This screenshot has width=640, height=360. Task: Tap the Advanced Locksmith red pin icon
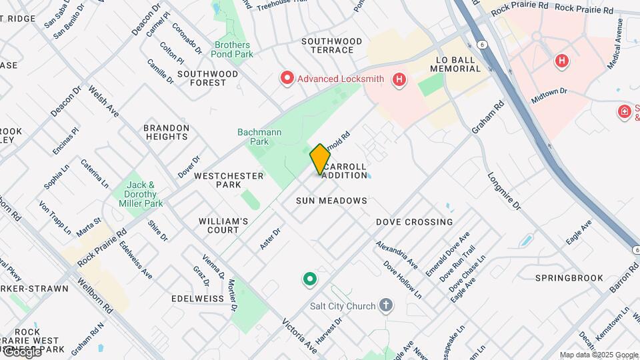coord(287,79)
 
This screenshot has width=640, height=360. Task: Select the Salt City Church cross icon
coord(385,306)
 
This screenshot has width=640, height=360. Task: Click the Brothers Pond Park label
coord(233,49)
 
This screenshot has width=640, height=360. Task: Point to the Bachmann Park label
coord(259,137)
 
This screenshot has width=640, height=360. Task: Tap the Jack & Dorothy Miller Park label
coord(141,194)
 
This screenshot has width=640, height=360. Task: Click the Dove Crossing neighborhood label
coord(414,222)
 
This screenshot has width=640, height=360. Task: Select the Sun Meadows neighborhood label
coord(332,201)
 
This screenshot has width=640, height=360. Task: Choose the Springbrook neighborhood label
coord(569,278)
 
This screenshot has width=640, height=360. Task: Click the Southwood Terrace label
coord(331,45)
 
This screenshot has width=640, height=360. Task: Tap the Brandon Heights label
coord(166,132)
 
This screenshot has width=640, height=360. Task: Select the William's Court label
coord(223,225)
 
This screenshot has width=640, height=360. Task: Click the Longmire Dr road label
coord(503,192)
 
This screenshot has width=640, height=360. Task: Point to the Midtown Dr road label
coord(549,95)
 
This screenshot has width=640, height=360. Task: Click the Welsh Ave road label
coord(103,105)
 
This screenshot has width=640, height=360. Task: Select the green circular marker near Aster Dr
coord(309,279)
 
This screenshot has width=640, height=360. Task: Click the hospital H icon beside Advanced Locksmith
coord(399,80)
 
